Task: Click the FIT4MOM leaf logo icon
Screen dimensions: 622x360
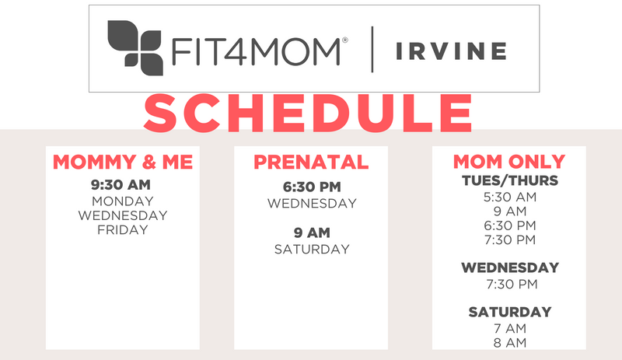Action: [135, 48]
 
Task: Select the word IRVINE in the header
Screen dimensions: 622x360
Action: [451, 51]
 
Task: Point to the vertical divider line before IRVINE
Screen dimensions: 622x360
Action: [372, 50]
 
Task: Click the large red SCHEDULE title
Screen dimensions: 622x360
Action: [308, 113]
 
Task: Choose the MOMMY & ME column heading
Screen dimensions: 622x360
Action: [123, 162]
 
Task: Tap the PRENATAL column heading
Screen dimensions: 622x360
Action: [311, 162]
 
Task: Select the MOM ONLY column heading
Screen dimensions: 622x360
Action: [509, 162]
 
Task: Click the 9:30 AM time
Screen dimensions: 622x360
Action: [121, 184]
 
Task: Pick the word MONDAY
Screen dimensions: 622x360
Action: [123, 201]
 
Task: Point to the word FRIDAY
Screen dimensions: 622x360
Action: [123, 230]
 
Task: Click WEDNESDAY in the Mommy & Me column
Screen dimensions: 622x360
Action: [123, 215]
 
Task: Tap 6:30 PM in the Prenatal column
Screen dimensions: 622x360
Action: [312, 187]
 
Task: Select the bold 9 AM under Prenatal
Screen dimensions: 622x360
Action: [312, 232]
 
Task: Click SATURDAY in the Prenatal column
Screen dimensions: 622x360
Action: [312, 250]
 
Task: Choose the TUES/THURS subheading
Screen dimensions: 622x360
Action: [510, 180]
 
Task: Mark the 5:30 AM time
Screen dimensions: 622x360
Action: [510, 197]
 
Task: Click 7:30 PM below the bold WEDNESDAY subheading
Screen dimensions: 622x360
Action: [512, 284]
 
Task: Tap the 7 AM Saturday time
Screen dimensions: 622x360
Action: [510, 329]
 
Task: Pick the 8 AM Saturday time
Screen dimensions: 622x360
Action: [510, 343]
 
